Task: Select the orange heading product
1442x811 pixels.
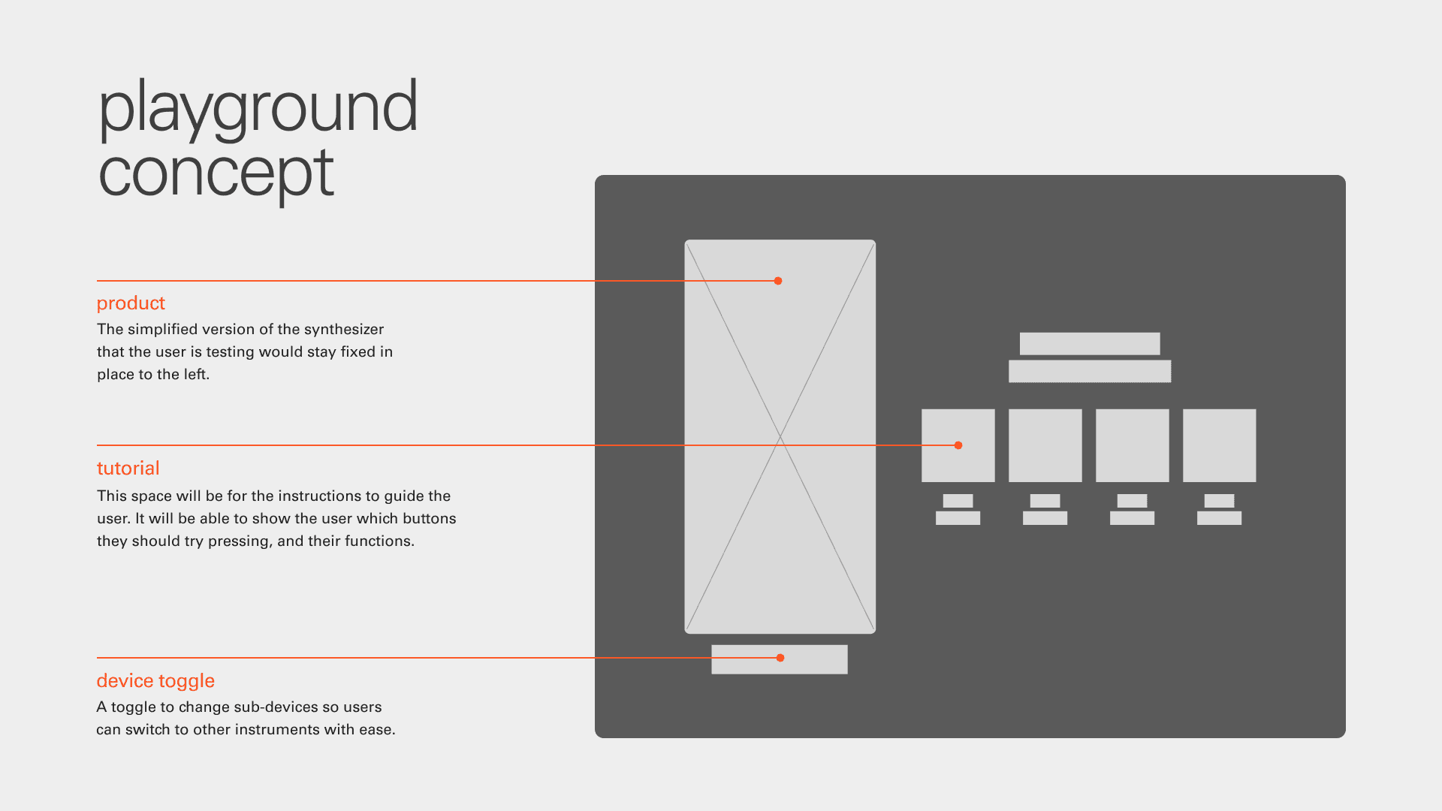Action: click(131, 303)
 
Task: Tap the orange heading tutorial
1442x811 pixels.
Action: click(128, 468)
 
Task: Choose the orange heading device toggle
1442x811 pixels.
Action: click(155, 681)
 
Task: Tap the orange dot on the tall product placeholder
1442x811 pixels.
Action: click(778, 281)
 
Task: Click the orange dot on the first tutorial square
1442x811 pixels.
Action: click(958, 445)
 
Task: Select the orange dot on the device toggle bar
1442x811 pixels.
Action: click(780, 658)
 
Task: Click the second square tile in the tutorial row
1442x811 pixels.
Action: click(1045, 445)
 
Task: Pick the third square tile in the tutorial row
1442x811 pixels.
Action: click(1133, 445)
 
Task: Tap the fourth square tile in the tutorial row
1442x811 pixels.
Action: click(1220, 445)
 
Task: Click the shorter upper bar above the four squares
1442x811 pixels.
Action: click(1090, 344)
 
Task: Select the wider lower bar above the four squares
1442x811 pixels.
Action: click(1090, 371)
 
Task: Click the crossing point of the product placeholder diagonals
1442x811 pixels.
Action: click(780, 437)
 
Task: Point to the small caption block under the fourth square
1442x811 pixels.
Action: click(1220, 510)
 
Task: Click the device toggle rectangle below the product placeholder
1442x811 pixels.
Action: click(780, 659)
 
